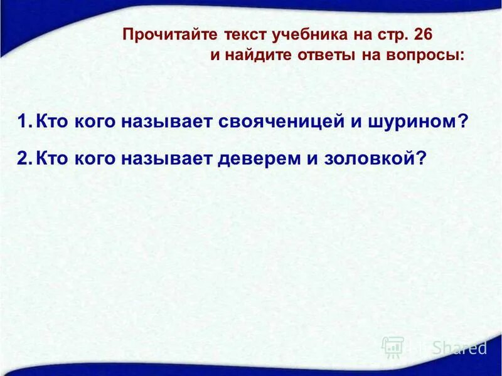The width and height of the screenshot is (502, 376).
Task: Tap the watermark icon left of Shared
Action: [393, 347]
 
